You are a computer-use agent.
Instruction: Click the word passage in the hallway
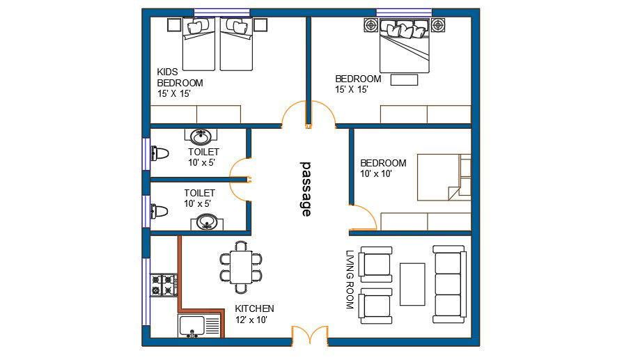[306, 189]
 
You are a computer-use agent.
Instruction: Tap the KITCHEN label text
[254, 308]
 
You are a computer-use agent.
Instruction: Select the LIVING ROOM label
[350, 279]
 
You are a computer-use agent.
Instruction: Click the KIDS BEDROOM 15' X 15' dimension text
[174, 93]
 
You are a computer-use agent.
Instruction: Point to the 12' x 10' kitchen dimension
[251, 320]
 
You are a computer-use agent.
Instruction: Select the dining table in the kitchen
[241, 267]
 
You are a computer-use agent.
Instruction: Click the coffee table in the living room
[412, 284]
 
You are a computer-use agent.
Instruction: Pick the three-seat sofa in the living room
[449, 284]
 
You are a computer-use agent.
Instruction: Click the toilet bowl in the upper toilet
[160, 153]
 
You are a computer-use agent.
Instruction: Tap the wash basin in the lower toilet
[207, 221]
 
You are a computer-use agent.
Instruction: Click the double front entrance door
[310, 336]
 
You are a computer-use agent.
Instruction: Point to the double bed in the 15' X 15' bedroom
[404, 46]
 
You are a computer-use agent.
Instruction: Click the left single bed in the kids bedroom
[198, 45]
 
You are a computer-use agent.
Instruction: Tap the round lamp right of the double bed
[438, 25]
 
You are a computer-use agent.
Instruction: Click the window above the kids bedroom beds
[222, 13]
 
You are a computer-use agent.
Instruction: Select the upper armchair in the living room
[376, 265]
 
